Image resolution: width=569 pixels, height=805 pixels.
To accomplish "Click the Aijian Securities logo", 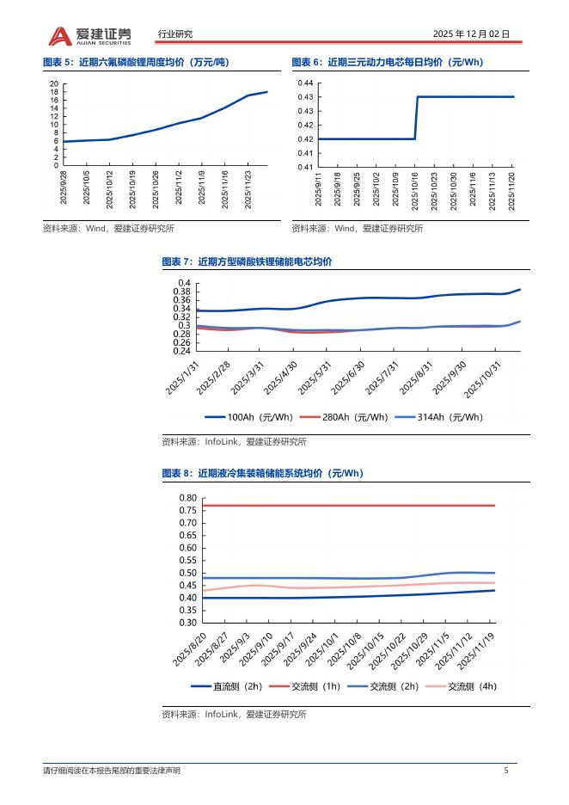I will [89, 34].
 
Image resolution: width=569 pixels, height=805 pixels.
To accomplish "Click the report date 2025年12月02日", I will [471, 34].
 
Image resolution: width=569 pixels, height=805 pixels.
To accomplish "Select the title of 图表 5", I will [136, 62].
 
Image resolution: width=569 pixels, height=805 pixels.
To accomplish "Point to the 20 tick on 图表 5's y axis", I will [53, 83].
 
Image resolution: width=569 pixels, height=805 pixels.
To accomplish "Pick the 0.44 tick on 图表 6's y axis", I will [305, 83].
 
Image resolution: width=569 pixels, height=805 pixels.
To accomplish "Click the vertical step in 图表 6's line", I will [417, 118].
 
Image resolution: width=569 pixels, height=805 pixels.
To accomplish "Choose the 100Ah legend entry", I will [249, 417].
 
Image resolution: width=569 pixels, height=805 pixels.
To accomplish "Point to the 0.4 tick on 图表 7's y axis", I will [184, 284].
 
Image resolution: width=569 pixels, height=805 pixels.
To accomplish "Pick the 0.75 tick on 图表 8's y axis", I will [187, 511].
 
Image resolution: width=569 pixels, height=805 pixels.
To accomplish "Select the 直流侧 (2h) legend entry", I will [226, 686].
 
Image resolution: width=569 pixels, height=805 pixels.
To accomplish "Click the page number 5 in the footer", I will [506, 771].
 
